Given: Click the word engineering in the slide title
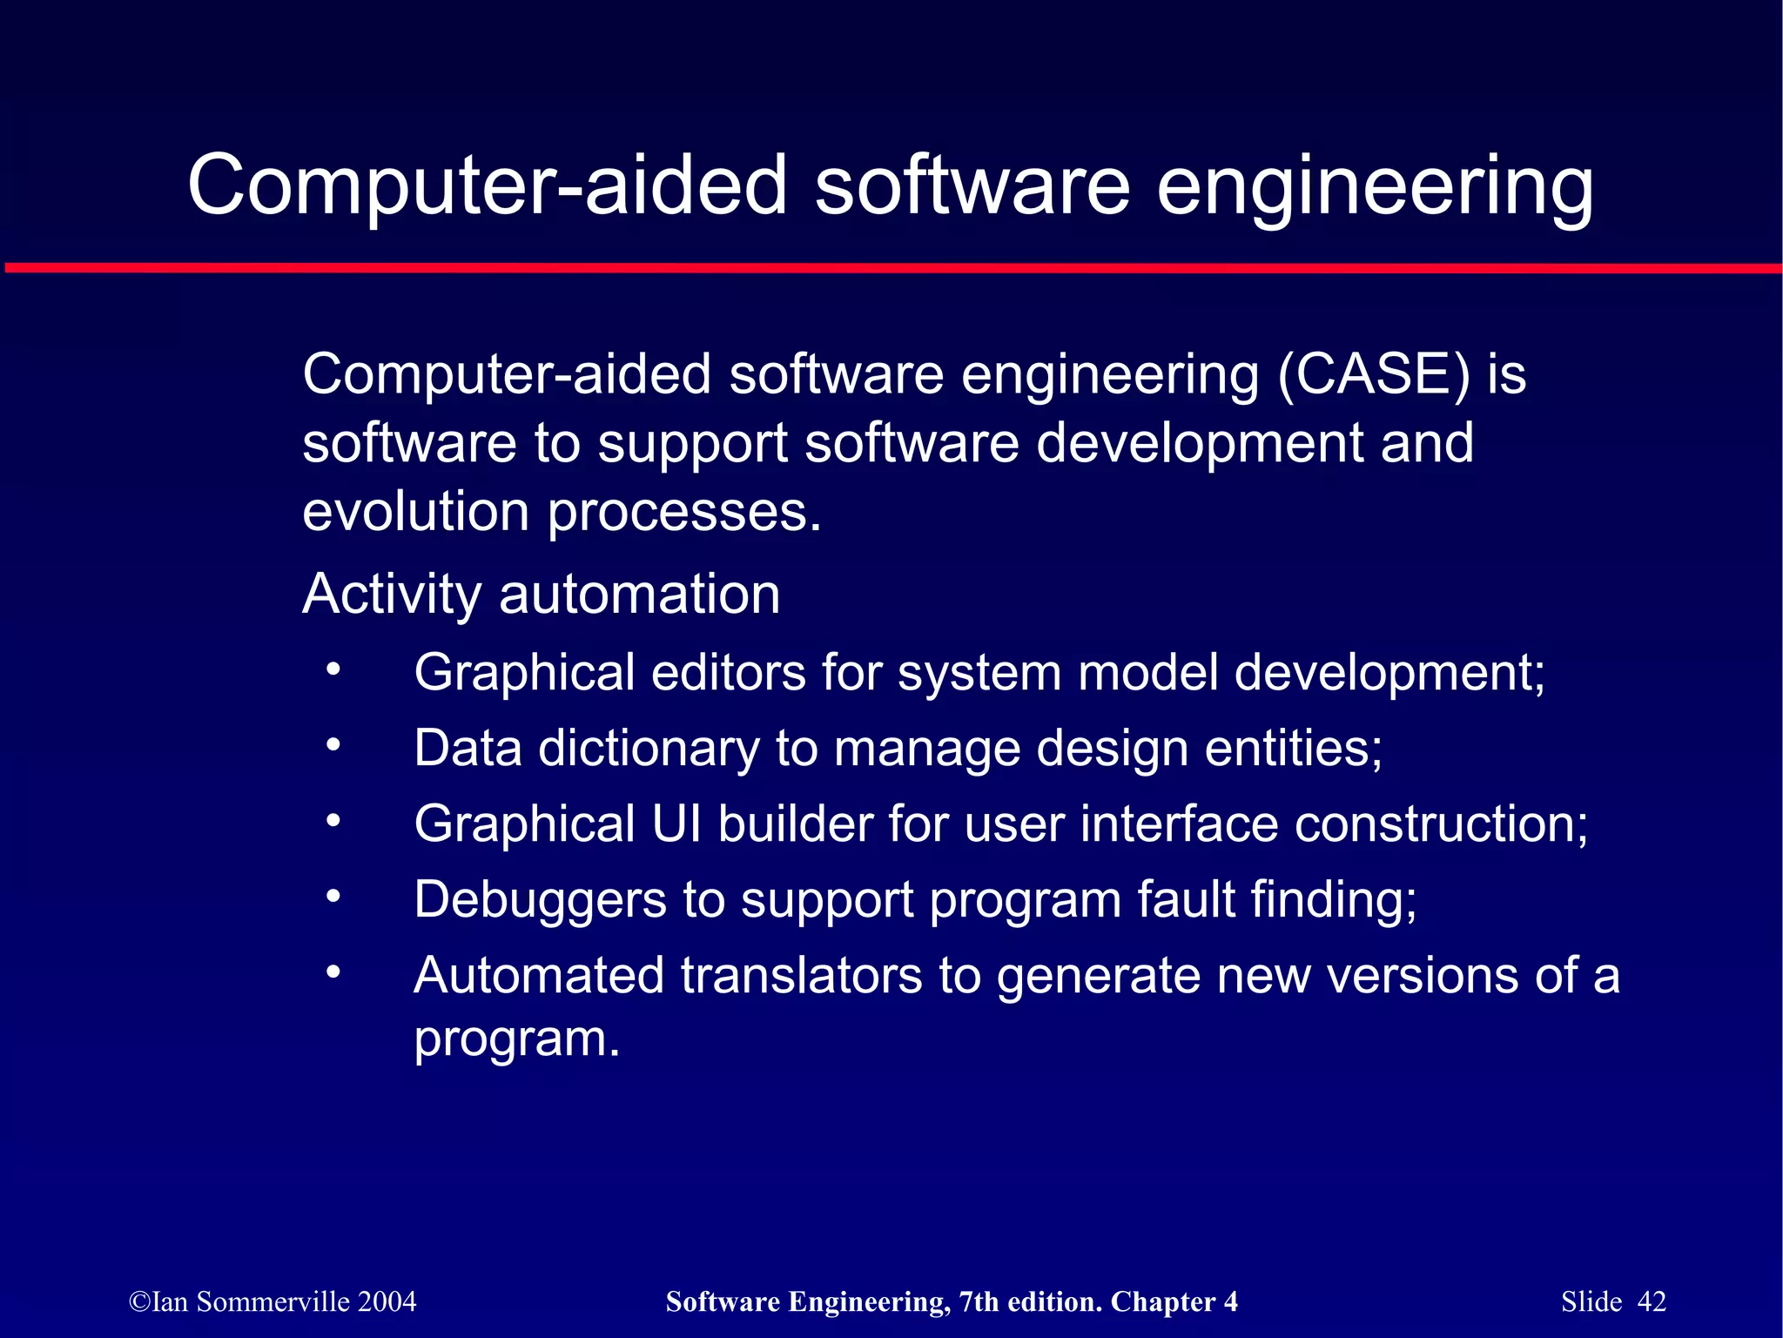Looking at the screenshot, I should (1375, 187).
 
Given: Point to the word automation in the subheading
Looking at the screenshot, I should (639, 595).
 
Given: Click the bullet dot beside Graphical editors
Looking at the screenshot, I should (333, 670).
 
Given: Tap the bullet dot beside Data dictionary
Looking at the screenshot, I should (333, 746).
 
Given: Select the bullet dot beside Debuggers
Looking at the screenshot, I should (333, 897).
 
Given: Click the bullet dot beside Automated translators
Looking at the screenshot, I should (333, 972).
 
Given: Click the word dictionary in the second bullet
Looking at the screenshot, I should (649, 749).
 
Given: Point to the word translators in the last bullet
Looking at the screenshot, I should (801, 975).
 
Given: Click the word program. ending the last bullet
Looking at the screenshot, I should (516, 1039).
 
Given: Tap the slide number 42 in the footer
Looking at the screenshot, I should (1652, 1301).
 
